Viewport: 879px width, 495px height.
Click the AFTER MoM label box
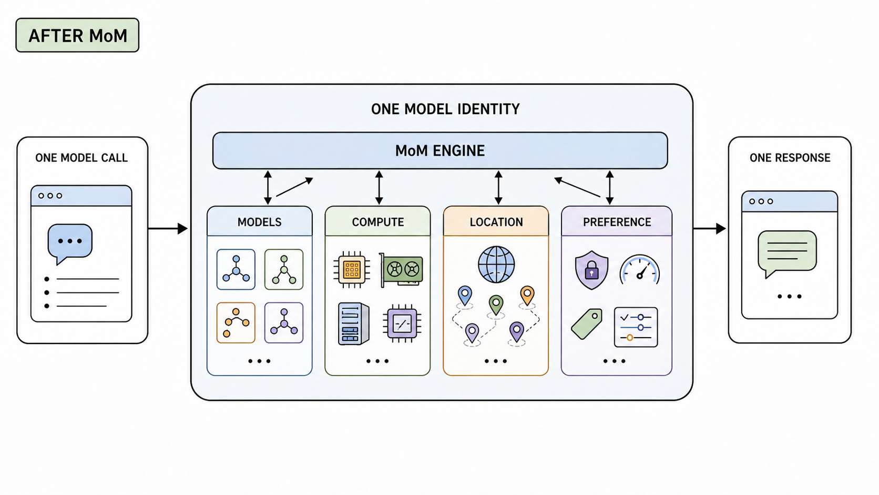tap(77, 35)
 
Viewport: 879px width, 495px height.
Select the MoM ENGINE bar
tap(440, 150)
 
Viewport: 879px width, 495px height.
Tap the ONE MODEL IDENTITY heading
tap(445, 109)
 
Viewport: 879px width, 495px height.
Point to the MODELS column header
tap(259, 221)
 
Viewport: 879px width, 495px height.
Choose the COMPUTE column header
tap(377, 221)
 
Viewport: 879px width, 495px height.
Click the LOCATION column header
tap(496, 221)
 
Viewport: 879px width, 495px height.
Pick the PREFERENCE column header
tap(617, 221)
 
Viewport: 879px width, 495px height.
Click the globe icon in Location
tap(496, 264)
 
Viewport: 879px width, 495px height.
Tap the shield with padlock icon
tap(591, 270)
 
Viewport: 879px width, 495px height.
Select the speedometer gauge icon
tap(640, 269)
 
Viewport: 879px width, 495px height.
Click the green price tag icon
tap(587, 324)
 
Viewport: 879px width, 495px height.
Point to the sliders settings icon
tap(636, 327)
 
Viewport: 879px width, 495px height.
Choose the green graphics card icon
tap(401, 270)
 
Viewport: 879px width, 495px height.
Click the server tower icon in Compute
tap(353, 324)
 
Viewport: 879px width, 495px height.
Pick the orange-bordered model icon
tap(236, 322)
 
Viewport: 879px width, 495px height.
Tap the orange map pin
tap(527, 295)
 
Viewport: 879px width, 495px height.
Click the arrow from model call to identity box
tap(168, 228)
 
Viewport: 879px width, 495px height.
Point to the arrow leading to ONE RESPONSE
tap(710, 228)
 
